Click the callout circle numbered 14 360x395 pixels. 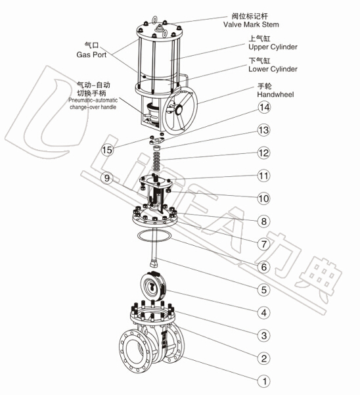(264, 108)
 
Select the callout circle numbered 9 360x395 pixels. (107, 178)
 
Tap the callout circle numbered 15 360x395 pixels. (107, 150)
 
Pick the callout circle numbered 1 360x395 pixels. (264, 381)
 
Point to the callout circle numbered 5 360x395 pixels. (264, 290)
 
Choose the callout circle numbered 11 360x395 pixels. (264, 175)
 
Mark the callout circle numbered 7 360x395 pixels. (264, 244)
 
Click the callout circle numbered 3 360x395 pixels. (264, 335)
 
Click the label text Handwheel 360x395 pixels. (275, 95)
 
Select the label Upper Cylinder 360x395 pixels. (273, 47)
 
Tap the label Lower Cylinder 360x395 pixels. (273, 69)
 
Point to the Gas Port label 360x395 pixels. (91, 55)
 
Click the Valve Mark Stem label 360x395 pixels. (251, 24)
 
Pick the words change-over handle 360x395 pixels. (93, 107)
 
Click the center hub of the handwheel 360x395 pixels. (179, 110)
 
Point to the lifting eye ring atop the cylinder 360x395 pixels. (154, 19)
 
